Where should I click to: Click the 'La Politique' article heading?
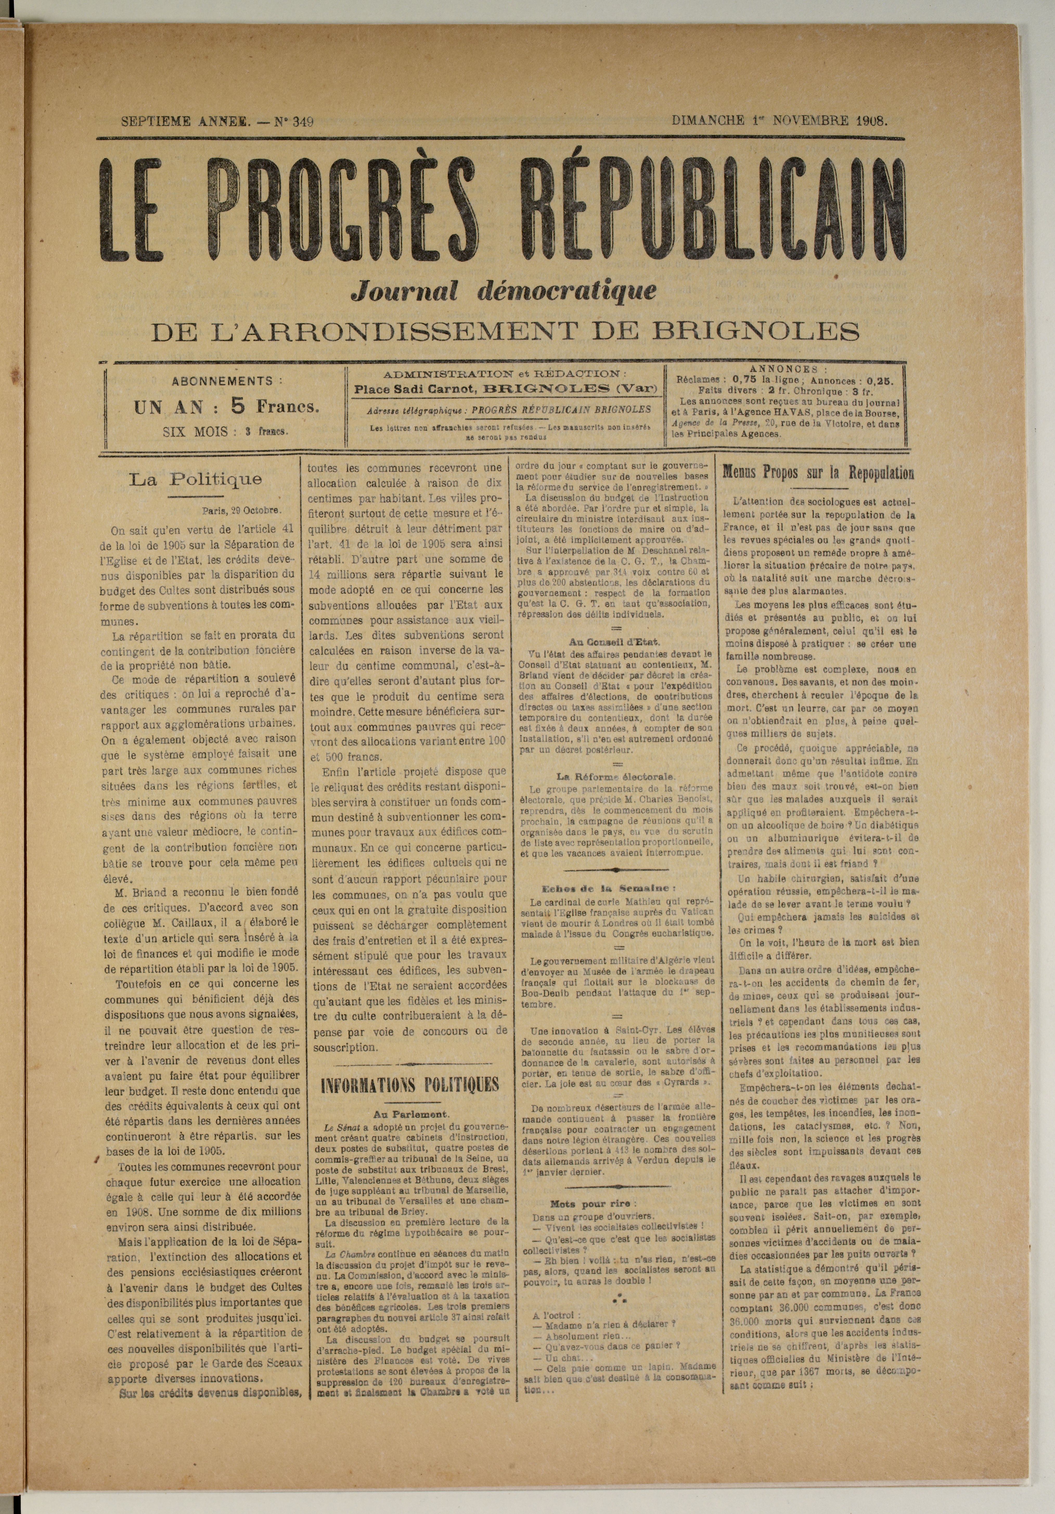coord(195,479)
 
